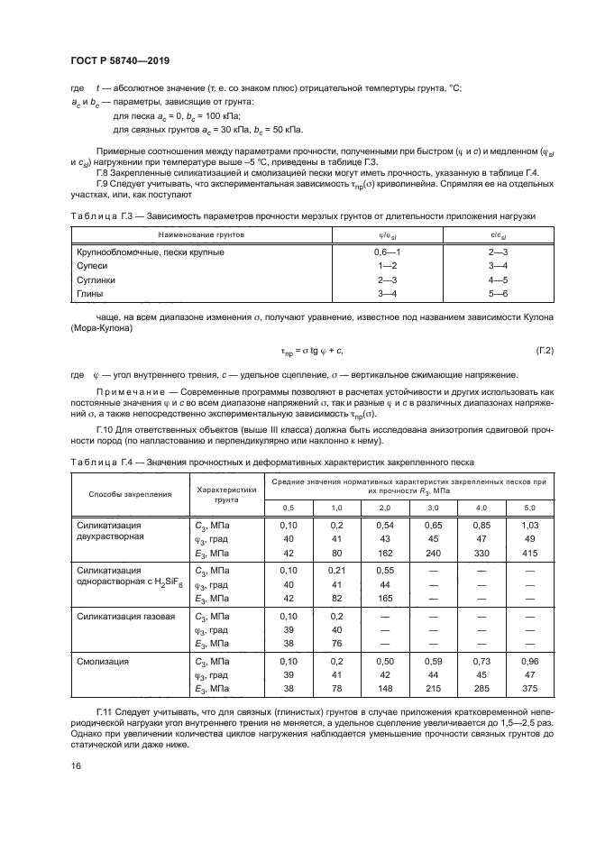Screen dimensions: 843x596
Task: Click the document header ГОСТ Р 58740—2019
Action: (x=120, y=60)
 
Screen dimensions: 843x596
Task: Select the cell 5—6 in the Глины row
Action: (x=499, y=294)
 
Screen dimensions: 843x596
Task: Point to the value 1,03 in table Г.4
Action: (x=529, y=524)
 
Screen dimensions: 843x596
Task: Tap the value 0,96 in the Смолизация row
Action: (x=529, y=661)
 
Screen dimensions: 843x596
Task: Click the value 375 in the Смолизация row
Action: (x=529, y=689)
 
